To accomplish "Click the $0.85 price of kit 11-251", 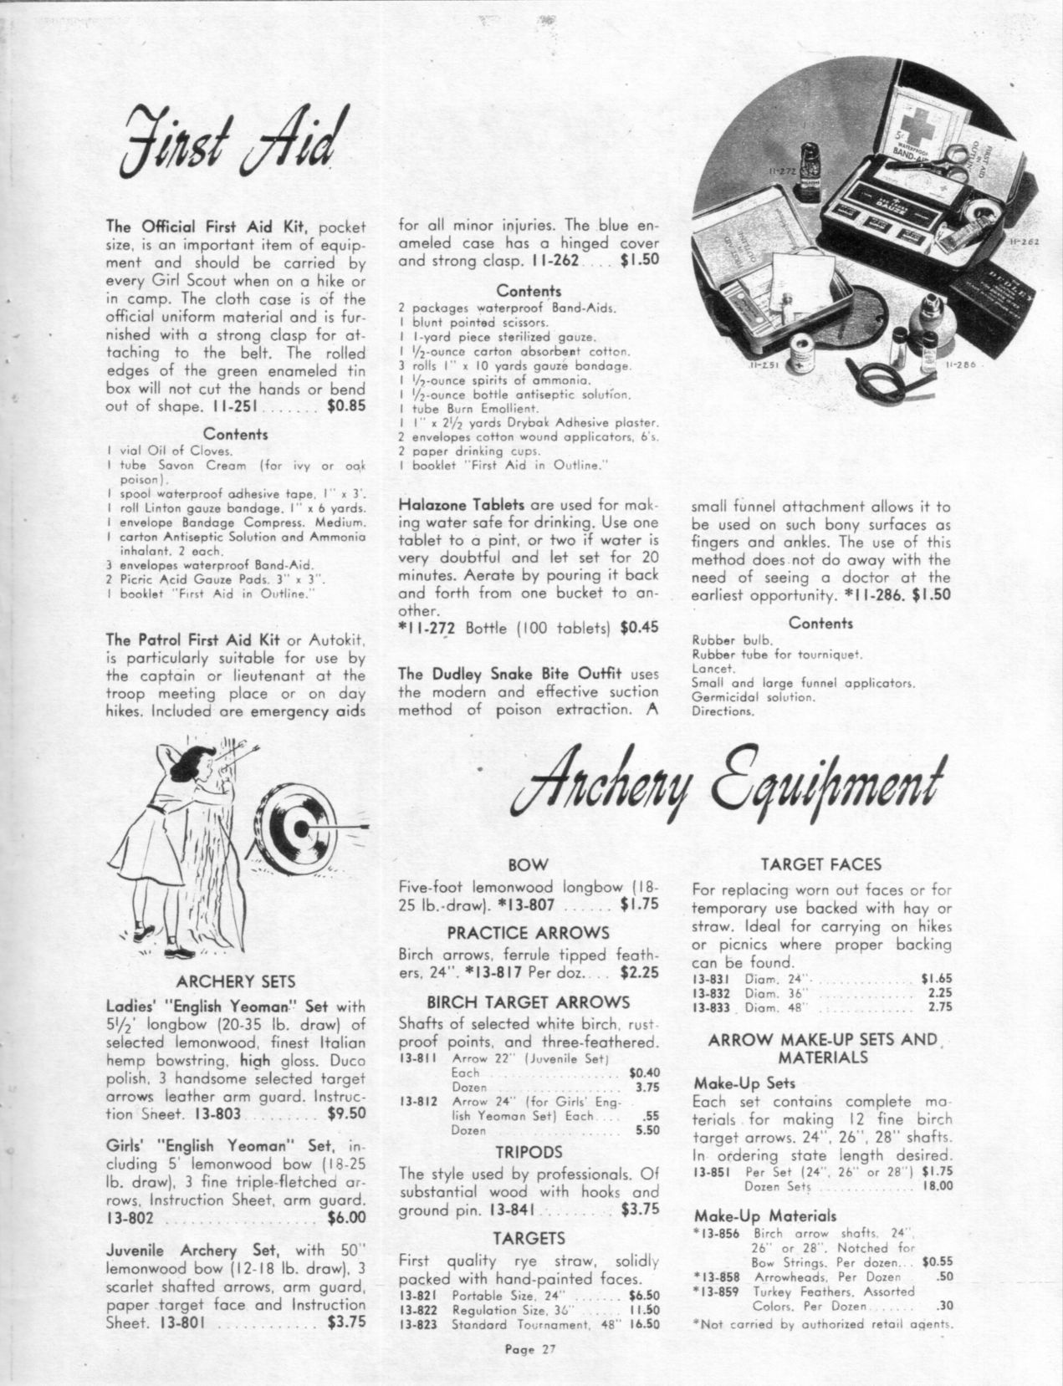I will click(347, 407).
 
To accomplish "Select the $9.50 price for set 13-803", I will click(346, 1113).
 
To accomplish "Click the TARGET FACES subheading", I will click(822, 864).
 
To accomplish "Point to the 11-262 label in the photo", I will click(1024, 242).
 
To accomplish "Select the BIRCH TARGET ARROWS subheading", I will click(529, 1002).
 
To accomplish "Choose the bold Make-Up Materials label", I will click(765, 1215).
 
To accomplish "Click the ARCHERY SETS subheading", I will click(237, 981).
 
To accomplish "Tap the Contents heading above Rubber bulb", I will click(820, 623).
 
